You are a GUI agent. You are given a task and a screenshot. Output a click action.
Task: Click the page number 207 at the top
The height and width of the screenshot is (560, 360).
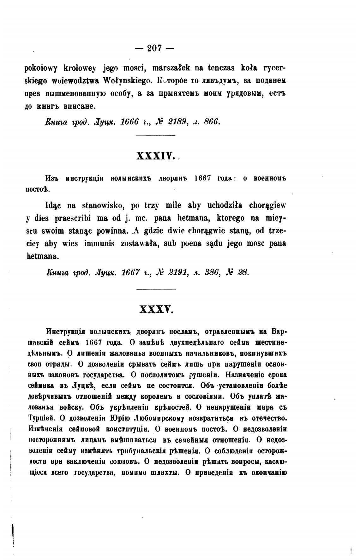(x=154, y=48)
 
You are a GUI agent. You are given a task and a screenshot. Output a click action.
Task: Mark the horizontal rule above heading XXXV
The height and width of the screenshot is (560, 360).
(x=156, y=289)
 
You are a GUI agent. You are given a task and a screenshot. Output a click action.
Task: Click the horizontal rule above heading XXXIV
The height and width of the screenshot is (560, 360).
(x=155, y=136)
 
